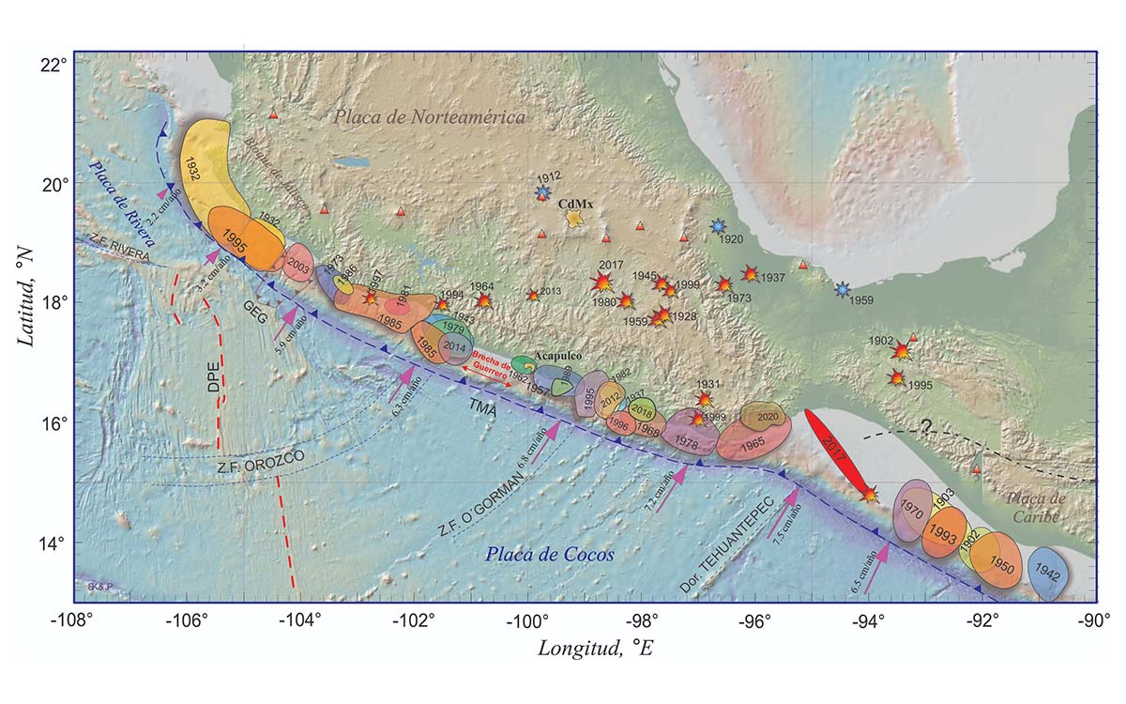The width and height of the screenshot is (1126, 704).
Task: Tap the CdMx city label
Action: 573,203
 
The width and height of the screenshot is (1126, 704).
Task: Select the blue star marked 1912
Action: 542,192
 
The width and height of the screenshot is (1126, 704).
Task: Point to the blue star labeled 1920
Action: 718,226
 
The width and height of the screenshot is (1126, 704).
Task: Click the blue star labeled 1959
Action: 843,289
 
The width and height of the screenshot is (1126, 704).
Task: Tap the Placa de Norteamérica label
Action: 430,116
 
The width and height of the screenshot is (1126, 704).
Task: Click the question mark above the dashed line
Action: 925,426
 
